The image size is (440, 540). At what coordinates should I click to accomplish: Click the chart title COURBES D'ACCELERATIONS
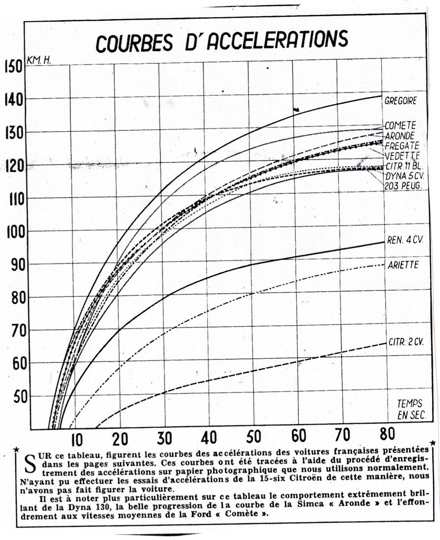coord(222,41)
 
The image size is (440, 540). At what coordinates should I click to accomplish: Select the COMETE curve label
coord(400,126)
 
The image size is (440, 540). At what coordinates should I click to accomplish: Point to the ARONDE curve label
coord(399,135)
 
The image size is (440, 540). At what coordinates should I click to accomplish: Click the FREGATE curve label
coord(402,145)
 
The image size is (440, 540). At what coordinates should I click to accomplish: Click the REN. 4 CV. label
coord(405,242)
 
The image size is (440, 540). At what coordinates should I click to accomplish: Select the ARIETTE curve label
coord(402,265)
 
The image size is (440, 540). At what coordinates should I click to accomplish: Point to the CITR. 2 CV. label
coord(405,343)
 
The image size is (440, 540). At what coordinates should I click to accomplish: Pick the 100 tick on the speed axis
coord(12,231)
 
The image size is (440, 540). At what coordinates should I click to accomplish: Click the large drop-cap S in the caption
coord(29,462)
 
